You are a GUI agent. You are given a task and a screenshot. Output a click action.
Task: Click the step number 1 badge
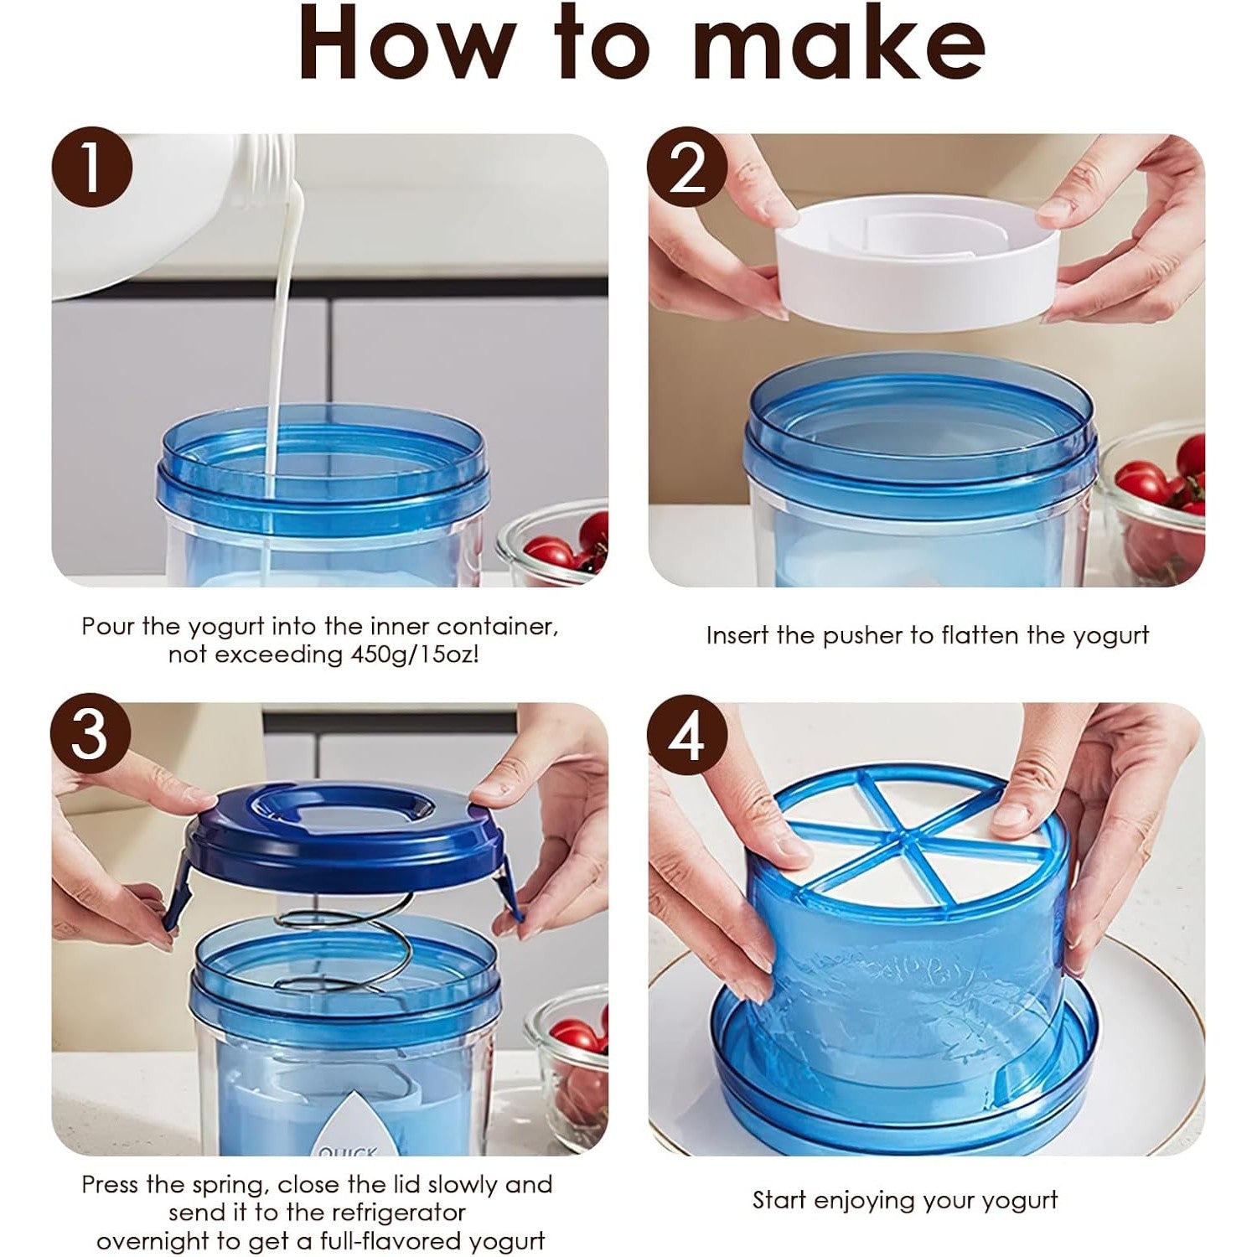(x=91, y=167)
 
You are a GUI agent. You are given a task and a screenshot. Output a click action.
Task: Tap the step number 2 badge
(x=687, y=167)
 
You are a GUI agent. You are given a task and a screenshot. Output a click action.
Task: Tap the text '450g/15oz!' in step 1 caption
(x=413, y=654)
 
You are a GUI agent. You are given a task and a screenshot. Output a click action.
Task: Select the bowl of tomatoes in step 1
(x=553, y=542)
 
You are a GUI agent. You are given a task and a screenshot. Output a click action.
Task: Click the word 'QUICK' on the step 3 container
(x=349, y=1149)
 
